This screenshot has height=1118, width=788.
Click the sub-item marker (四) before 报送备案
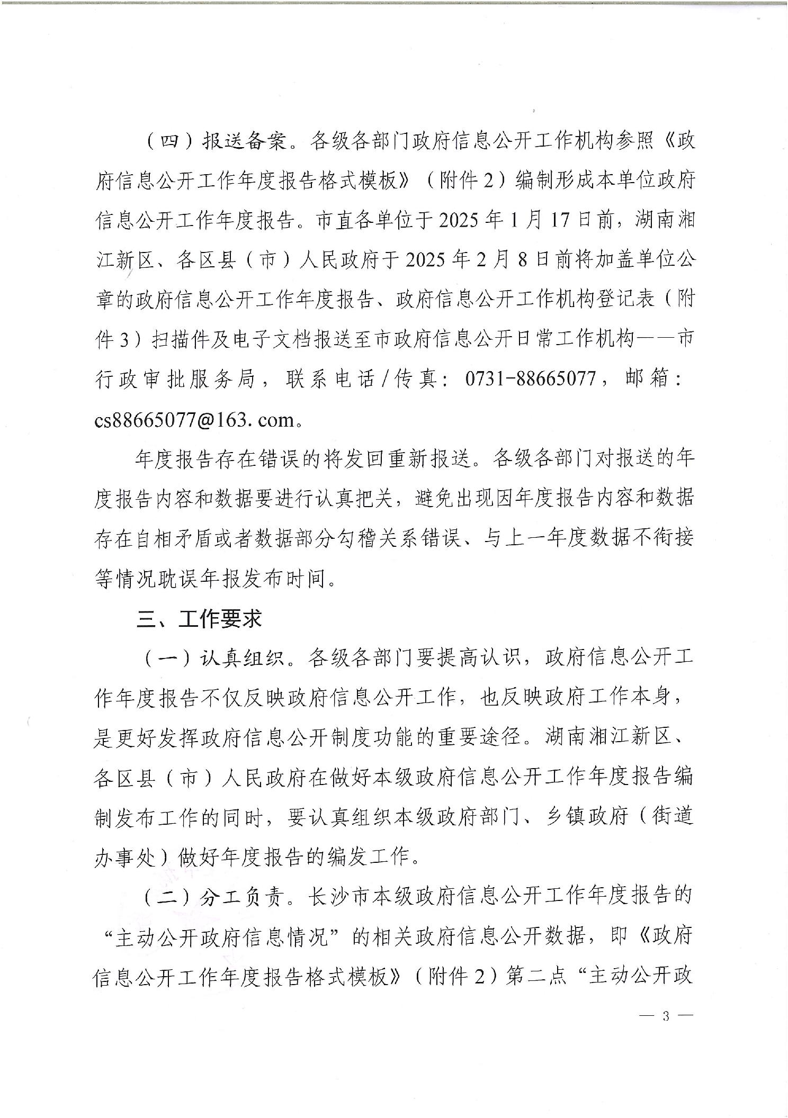[163, 142]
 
